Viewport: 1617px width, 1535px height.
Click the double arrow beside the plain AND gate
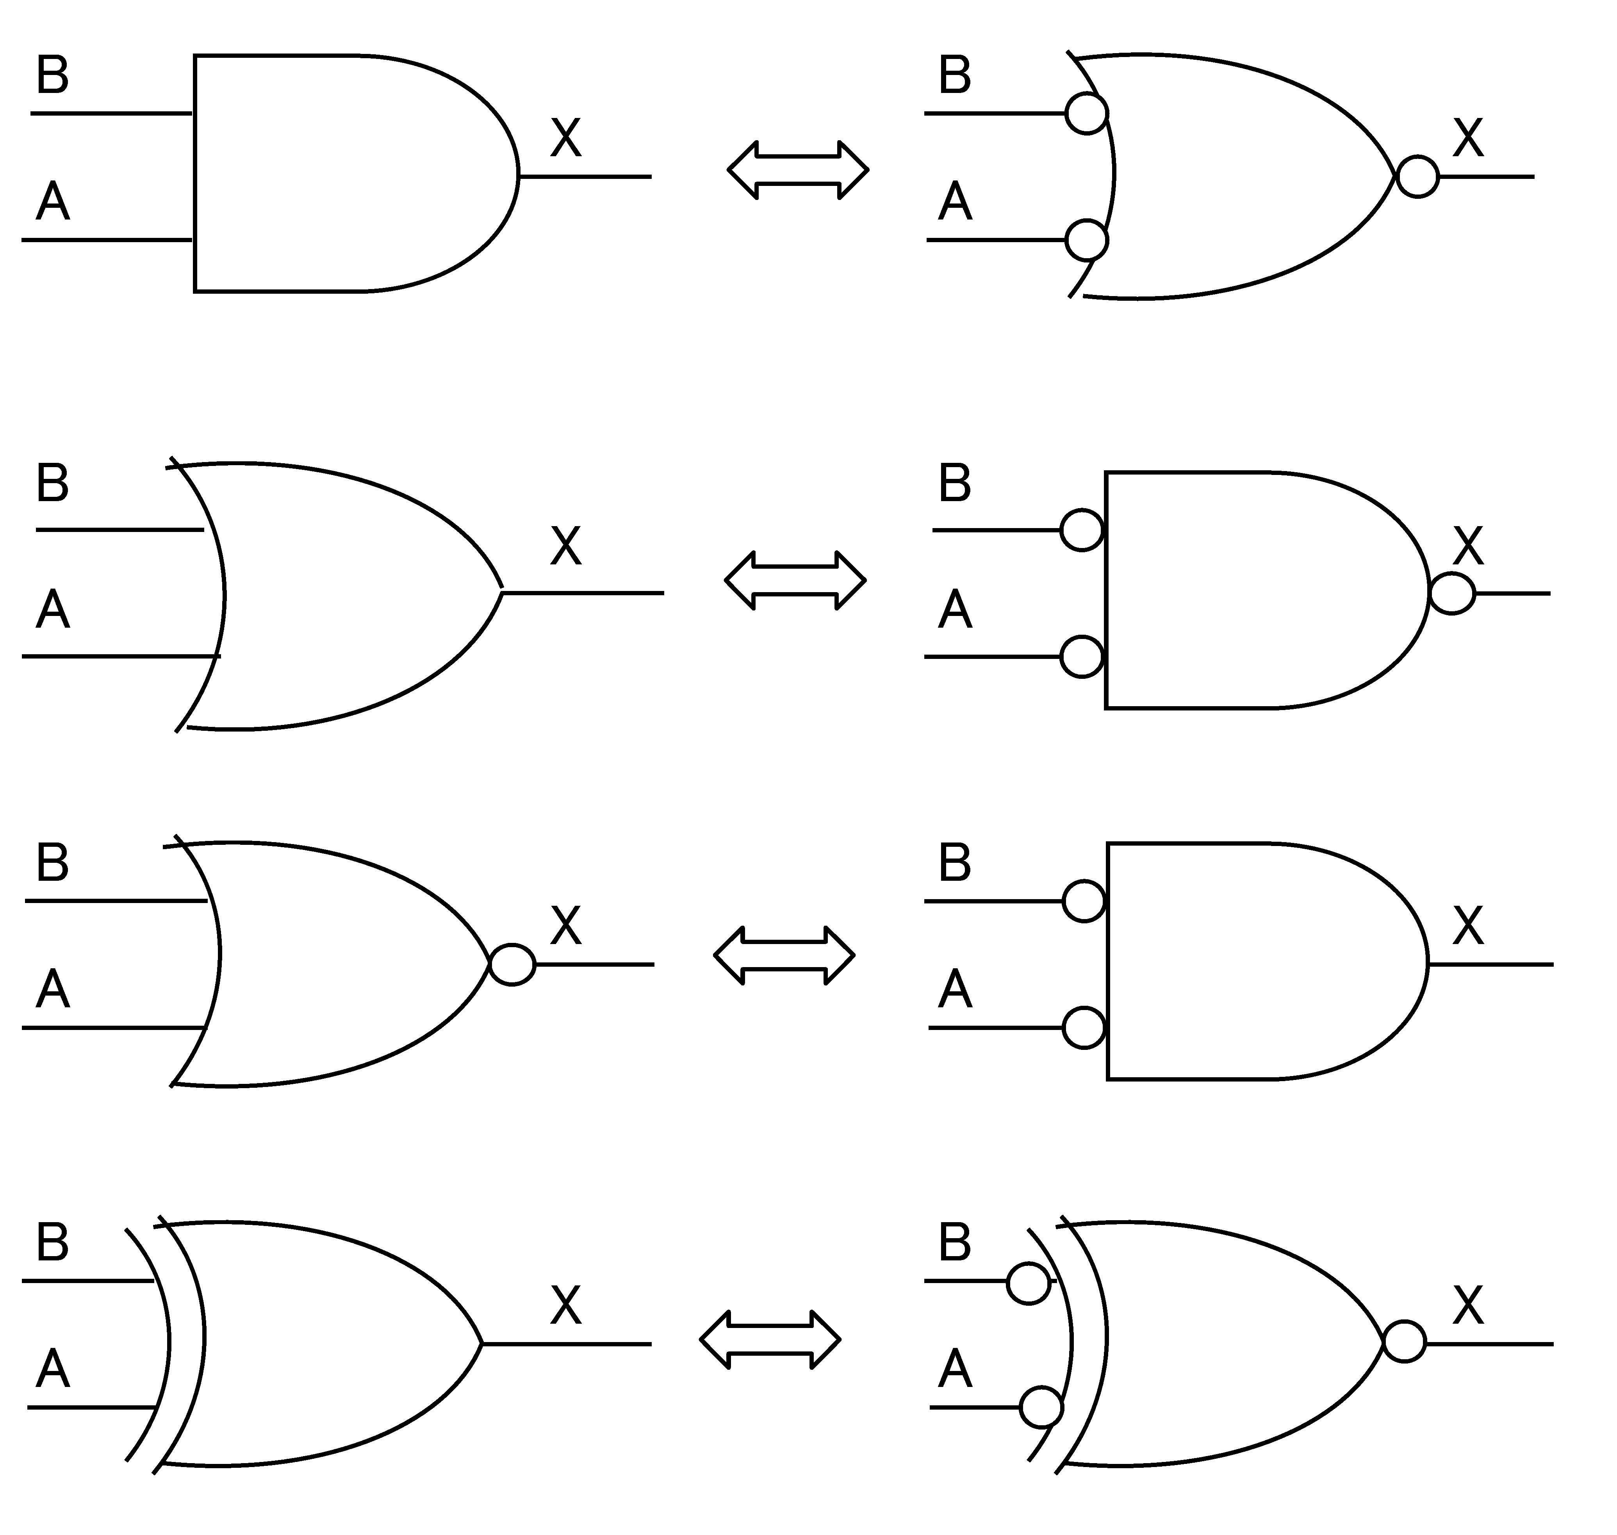coord(797,170)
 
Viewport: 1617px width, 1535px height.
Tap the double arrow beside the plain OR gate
coord(795,580)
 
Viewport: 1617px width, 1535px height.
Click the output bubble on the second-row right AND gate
coord(1452,593)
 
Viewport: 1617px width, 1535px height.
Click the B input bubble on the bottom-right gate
coord(1028,1283)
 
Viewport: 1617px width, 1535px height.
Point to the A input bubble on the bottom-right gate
coord(1041,1407)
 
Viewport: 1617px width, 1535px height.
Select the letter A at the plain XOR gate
coord(52,1370)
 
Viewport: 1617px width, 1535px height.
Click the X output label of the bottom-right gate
coord(1468,1306)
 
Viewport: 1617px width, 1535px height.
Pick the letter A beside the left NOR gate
coord(52,989)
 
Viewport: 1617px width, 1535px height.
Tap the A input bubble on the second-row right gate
coord(1081,656)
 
